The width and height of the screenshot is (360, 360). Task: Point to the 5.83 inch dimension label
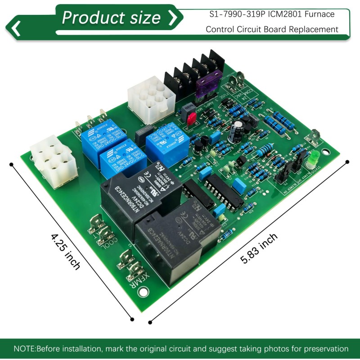pyautogui.click(x=259, y=248)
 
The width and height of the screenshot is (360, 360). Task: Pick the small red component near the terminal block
pyautogui.click(x=191, y=118)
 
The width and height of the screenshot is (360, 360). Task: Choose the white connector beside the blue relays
pyautogui.click(x=51, y=158)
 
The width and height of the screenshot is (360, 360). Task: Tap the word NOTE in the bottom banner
pyautogui.click(x=24, y=349)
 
